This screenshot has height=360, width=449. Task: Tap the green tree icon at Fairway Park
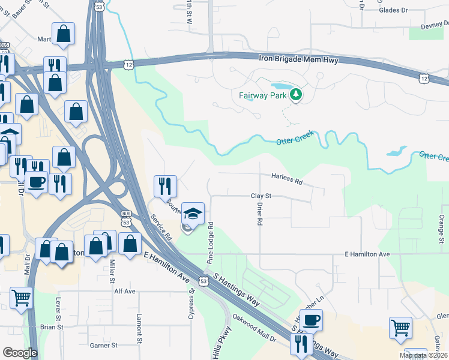click(x=296, y=94)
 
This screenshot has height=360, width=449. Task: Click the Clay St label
click(x=261, y=196)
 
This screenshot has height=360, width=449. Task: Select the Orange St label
click(x=441, y=227)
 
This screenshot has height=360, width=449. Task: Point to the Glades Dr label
click(x=393, y=10)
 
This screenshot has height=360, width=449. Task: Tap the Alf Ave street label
click(x=125, y=291)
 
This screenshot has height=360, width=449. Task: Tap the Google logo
click(x=20, y=353)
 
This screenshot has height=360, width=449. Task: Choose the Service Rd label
click(x=161, y=227)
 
